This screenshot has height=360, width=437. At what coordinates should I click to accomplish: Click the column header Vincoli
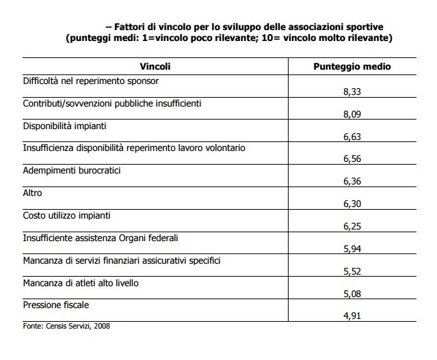pyautogui.click(x=155, y=66)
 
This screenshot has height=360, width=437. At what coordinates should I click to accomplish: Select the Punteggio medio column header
pyautogui.click(x=352, y=66)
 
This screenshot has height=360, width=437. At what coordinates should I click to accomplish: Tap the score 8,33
pyautogui.click(x=352, y=92)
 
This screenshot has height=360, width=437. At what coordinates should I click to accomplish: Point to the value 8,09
pyautogui.click(x=352, y=114)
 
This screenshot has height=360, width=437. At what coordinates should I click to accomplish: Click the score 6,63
pyautogui.click(x=352, y=137)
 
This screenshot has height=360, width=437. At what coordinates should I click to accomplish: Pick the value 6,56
pyautogui.click(x=352, y=158)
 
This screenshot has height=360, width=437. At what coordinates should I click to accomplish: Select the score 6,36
pyautogui.click(x=352, y=181)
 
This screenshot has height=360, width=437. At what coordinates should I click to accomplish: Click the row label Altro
pyautogui.click(x=32, y=193)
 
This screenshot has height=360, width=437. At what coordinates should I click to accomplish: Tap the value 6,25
pyautogui.click(x=352, y=226)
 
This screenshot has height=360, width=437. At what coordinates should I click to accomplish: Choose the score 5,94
pyautogui.click(x=352, y=249)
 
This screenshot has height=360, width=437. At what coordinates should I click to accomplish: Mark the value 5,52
pyautogui.click(x=352, y=271)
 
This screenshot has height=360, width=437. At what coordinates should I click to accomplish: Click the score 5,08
pyautogui.click(x=352, y=294)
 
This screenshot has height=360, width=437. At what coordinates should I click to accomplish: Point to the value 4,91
pyautogui.click(x=352, y=316)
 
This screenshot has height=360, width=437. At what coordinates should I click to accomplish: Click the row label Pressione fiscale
pyautogui.click(x=56, y=305)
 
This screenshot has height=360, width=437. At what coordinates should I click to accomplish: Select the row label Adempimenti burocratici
pyautogui.click(x=72, y=170)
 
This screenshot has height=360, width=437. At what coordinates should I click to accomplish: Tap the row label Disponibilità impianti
pyautogui.click(x=65, y=126)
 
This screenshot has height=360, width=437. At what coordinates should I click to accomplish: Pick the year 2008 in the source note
pyautogui.click(x=102, y=326)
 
